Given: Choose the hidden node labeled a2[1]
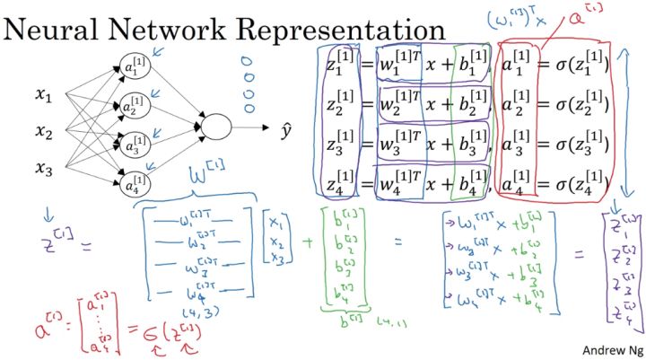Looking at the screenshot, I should point(132,106).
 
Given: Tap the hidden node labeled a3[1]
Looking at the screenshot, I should point(132,145).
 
